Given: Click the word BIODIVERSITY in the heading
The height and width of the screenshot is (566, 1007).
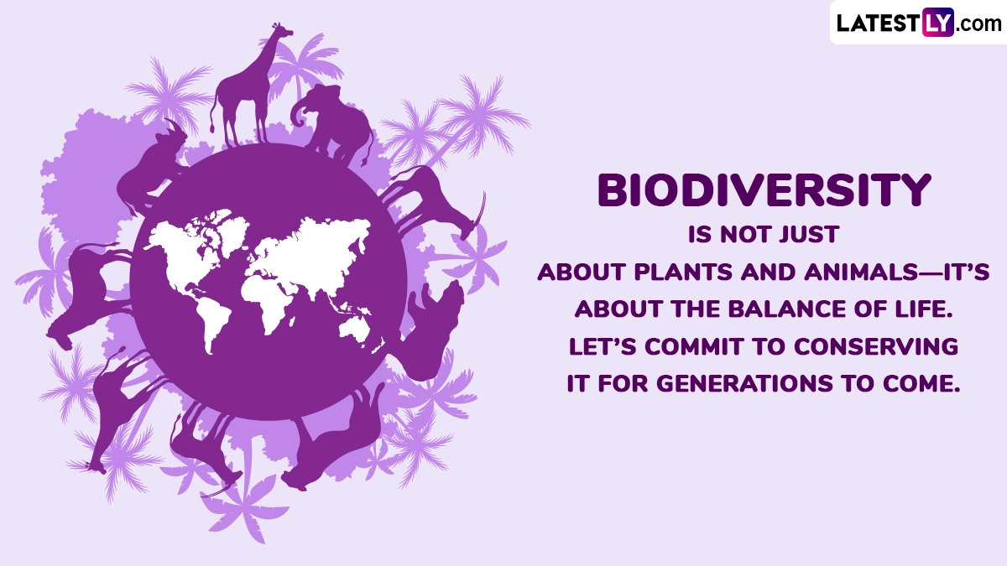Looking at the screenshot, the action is (764, 190).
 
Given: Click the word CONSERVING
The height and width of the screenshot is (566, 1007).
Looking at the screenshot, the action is (876, 347).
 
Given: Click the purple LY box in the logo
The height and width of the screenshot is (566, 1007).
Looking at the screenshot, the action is (938, 23).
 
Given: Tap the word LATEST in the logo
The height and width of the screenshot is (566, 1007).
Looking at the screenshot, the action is (878, 23).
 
